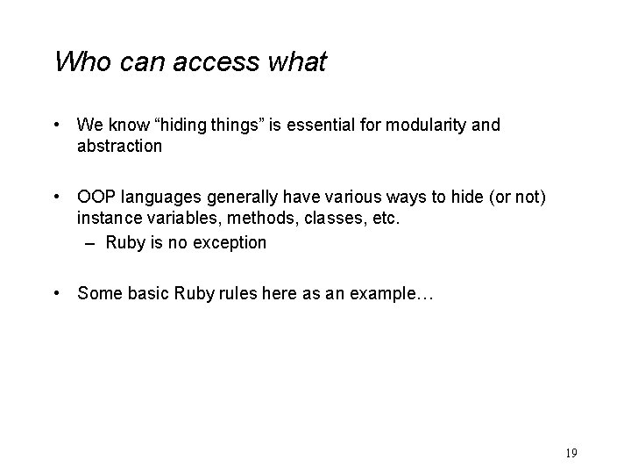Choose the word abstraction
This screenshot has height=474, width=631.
(120, 146)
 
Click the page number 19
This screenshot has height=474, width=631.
(571, 453)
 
